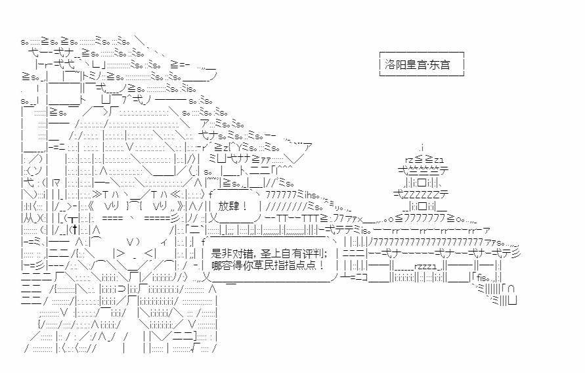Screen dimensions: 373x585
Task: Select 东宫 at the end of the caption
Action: (x=439, y=65)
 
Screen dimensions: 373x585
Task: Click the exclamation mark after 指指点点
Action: (x=322, y=265)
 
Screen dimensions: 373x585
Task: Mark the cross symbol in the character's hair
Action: (x=76, y=229)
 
